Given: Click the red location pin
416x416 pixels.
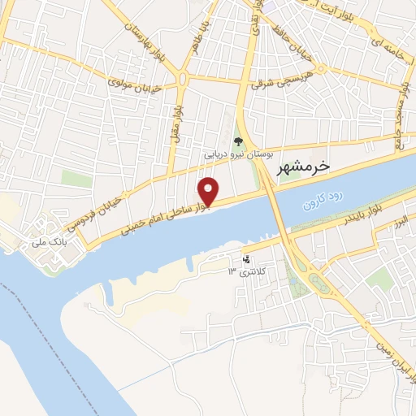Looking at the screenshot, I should click(209, 190).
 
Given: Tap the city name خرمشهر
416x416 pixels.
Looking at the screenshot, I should click(302, 167).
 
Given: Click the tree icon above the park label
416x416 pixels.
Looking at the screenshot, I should click(238, 139).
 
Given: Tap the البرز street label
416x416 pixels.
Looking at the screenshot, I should click(399, 220).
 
